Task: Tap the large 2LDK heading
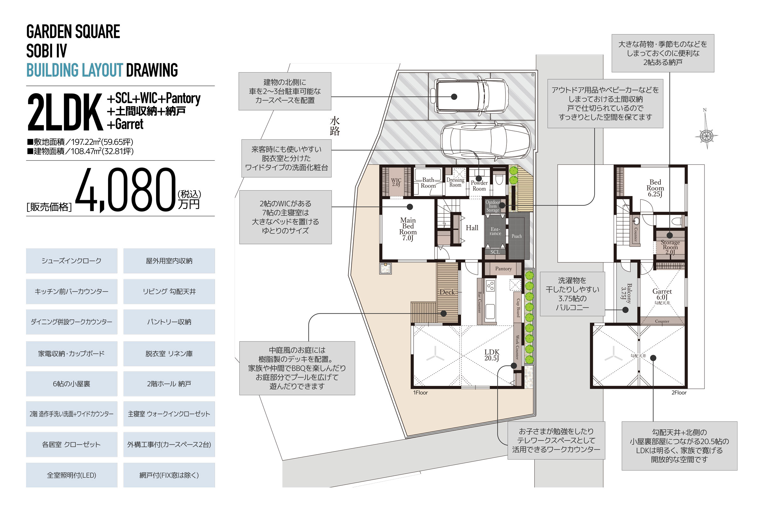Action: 65,112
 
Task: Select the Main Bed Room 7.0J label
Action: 408,229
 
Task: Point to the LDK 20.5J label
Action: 492,355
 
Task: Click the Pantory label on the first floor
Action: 503,269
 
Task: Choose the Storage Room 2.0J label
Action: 670,247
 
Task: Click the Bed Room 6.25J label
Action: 655,188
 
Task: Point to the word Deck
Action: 447,292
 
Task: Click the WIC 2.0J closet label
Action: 396,182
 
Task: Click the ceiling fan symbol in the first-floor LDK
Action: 435,356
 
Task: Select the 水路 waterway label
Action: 335,126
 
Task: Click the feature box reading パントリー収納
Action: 169,322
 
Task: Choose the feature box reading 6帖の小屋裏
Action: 72,384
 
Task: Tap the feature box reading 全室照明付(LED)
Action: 72,475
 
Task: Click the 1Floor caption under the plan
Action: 420,393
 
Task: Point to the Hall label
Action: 472,228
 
